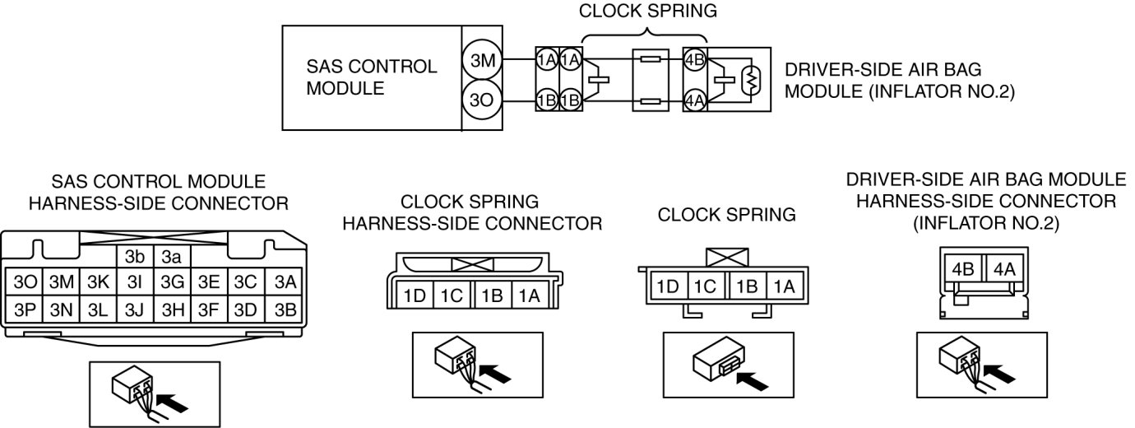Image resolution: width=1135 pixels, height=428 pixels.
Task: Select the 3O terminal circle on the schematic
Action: [x=479, y=102]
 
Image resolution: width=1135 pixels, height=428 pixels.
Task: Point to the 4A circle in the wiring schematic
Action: [x=695, y=101]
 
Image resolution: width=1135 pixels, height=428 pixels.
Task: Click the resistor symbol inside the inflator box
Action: [x=750, y=81]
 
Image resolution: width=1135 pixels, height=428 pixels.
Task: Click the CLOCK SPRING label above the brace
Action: [x=647, y=12]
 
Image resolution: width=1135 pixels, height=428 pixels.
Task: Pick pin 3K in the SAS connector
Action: [x=98, y=282]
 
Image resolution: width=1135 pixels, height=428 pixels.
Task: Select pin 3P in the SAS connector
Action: [x=21, y=309]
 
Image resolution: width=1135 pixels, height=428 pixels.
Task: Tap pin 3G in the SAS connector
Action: [x=172, y=282]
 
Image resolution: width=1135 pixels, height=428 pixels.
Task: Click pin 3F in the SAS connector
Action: [x=209, y=309]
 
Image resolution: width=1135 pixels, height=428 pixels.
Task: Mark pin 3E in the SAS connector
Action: [x=209, y=282]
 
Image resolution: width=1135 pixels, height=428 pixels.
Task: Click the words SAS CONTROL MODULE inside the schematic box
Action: [x=371, y=77]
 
